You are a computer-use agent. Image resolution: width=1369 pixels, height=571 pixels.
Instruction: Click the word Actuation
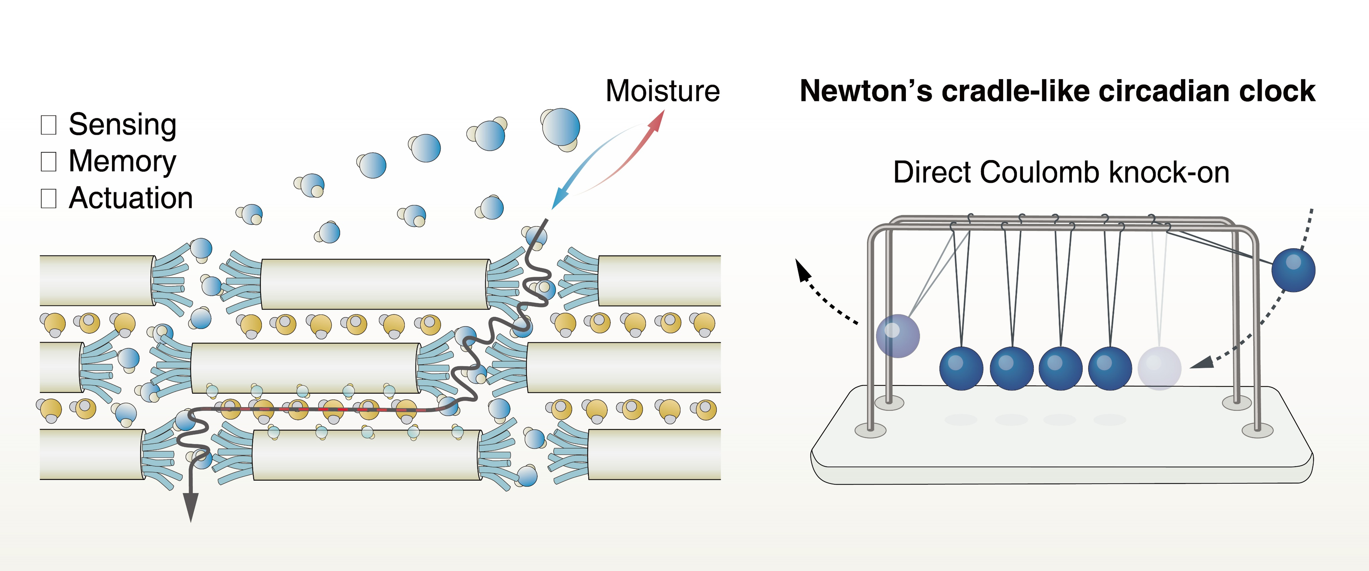click(131, 198)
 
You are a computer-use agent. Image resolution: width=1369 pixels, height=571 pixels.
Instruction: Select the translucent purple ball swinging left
click(898, 336)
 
